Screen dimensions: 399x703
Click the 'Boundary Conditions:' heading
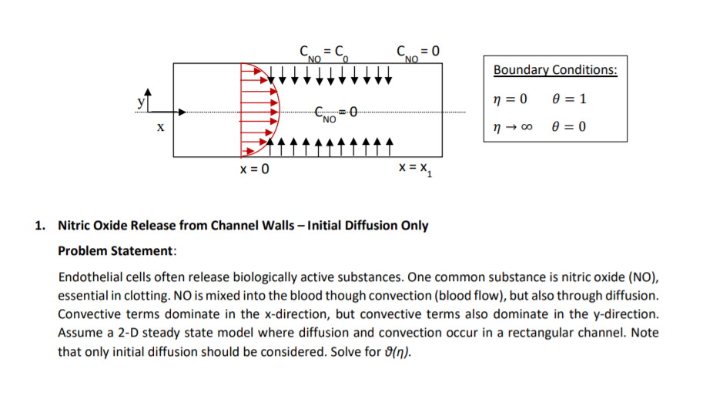[555, 70]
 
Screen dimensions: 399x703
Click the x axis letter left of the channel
[159, 129]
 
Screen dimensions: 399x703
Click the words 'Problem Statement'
[117, 251]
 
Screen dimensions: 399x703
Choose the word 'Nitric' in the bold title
[74, 226]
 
